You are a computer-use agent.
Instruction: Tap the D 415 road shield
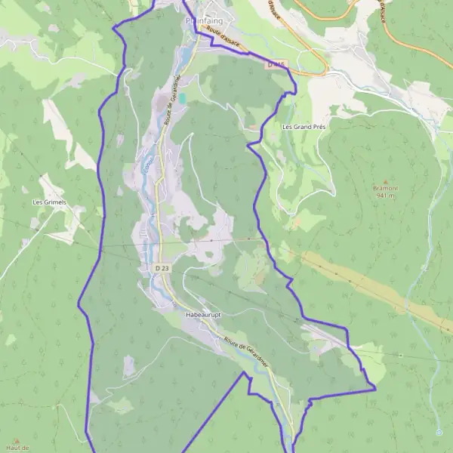coord(276,66)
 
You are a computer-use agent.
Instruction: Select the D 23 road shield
coord(162,268)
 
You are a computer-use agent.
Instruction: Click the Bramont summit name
coord(386,187)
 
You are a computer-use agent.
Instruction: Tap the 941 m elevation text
coord(386,195)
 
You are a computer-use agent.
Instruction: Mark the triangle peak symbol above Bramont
coord(386,180)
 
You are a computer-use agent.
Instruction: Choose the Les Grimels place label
coord(49,202)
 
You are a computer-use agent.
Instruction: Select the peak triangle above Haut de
coord(16,440)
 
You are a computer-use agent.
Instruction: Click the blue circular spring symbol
coord(439,433)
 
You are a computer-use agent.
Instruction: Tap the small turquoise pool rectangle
coord(181,97)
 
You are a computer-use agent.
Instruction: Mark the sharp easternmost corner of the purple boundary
coord(375,389)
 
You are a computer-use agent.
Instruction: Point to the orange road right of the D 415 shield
coord(310,72)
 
